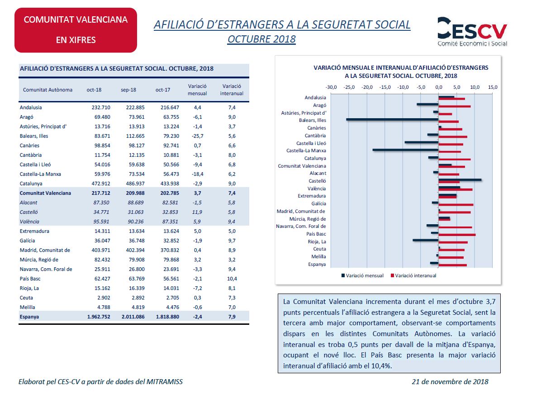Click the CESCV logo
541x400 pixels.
click(472, 31)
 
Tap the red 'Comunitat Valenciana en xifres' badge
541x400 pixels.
click(76, 30)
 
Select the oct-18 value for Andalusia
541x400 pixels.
click(101, 107)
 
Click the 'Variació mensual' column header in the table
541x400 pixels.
click(197, 90)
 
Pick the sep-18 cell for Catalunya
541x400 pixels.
click(135, 183)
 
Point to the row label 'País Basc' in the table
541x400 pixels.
click(30, 279)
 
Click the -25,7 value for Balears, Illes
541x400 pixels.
click(198, 136)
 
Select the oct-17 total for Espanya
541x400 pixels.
click(168, 317)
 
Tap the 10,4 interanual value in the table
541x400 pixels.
click(232, 279)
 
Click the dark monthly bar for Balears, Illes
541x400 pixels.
click(392, 119)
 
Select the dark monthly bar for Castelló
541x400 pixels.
click(460, 180)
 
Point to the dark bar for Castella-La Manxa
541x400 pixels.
click(405, 149)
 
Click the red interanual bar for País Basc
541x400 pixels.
click(457, 235)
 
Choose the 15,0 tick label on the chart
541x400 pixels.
click(492, 87)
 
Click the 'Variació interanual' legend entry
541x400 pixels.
click(413, 275)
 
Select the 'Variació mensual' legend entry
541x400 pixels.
click(362, 275)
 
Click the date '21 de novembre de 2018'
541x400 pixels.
click(450, 382)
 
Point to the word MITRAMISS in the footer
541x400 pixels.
click(165, 382)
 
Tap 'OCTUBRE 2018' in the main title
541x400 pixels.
click(261, 39)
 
